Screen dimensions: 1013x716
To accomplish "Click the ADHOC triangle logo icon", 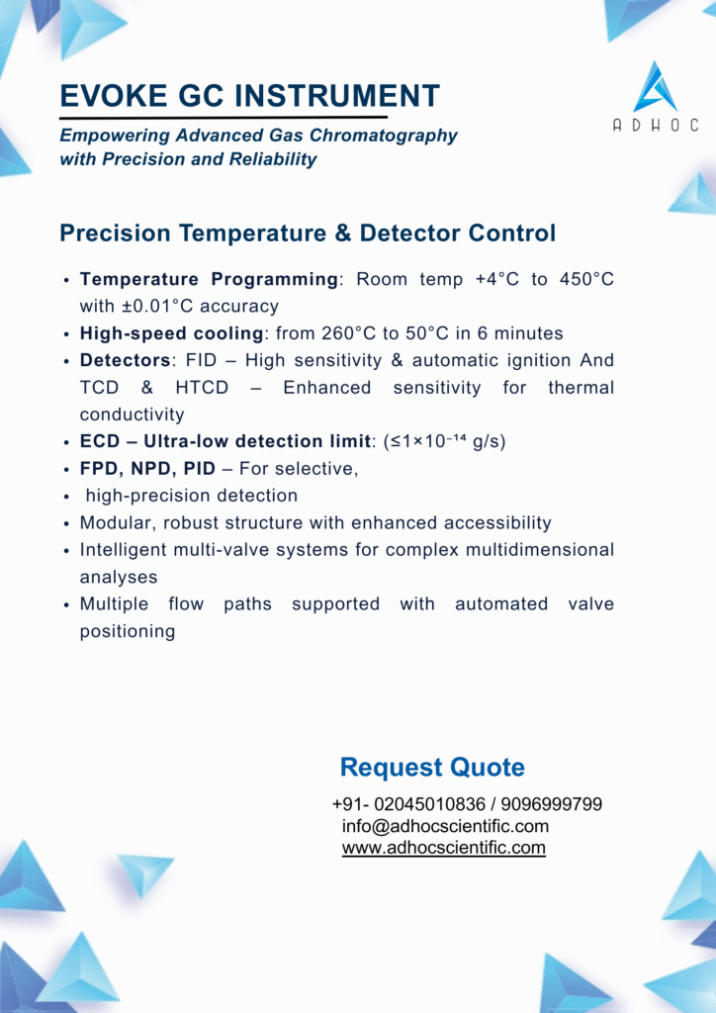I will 656,88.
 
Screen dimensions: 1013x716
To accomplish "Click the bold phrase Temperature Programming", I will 209,280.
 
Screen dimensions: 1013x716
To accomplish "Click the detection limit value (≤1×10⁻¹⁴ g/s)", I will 444,442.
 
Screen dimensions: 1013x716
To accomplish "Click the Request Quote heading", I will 432,768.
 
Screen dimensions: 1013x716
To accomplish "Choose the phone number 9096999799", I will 552,804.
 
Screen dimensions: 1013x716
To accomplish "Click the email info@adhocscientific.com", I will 445,826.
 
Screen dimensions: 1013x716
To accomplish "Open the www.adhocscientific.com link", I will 444,848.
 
